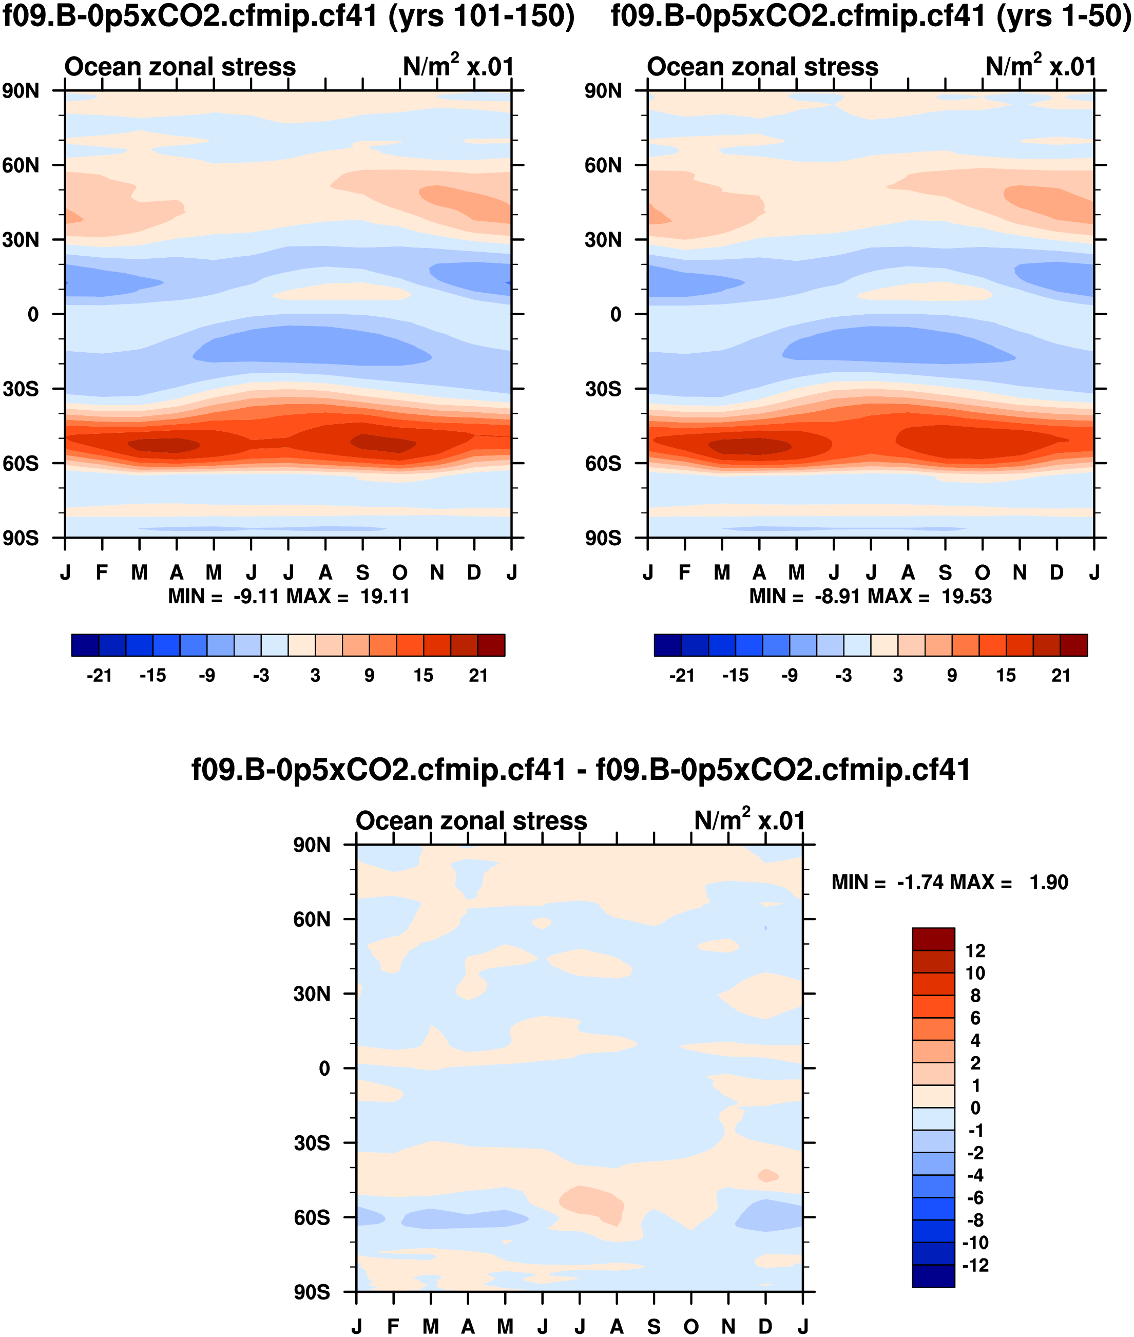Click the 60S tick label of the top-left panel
[21, 464]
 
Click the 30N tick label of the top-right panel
[603, 240]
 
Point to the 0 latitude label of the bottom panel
[324, 1068]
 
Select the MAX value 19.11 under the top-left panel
[385, 597]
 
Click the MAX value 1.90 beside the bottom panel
[1048, 882]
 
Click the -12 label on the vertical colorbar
[975, 1265]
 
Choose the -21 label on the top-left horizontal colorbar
[99, 676]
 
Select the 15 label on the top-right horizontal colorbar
[1006, 676]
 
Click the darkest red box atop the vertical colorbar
[933, 939]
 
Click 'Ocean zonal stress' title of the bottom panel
[471, 822]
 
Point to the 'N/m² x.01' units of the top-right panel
[1040, 67]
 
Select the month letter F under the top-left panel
[102, 572]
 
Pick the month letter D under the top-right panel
[1057, 572]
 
